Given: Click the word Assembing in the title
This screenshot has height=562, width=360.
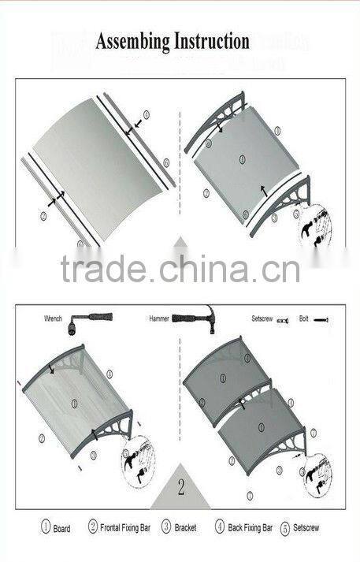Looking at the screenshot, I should [131, 42].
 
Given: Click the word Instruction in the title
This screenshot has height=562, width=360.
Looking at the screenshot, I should [209, 41].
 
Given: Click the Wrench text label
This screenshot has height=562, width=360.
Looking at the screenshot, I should [53, 319].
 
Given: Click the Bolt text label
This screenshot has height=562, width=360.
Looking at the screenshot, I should [303, 319].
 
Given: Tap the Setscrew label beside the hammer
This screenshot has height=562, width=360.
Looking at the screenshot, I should [262, 319].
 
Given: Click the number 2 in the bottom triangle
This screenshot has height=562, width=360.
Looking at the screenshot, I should [180, 487].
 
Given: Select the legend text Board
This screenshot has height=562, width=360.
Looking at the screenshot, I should [62, 528].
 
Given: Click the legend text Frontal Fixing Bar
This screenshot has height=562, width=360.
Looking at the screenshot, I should [126, 527].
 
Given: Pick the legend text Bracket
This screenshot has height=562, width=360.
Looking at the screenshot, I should [186, 527].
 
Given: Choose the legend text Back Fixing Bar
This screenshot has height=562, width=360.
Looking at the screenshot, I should [250, 527].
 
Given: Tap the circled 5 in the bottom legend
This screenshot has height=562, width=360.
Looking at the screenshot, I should [285, 527].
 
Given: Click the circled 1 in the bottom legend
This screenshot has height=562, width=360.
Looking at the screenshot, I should [46, 527].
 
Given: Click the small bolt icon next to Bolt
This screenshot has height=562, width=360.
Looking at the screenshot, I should [320, 320].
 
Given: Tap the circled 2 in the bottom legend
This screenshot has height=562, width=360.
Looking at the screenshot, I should [93, 527].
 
